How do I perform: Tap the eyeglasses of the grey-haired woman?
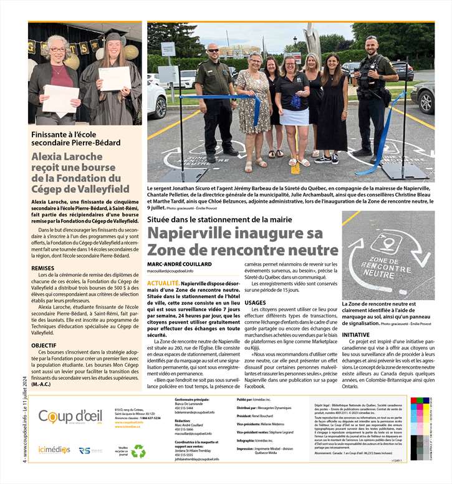click(57, 49)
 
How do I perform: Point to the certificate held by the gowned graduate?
click(115, 78)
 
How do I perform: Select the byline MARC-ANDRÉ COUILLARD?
click(180, 263)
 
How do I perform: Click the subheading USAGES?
click(255, 302)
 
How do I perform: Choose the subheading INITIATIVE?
click(356, 335)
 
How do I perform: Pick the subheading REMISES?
click(42, 268)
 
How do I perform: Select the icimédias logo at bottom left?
click(54, 449)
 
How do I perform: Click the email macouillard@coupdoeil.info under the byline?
click(170, 271)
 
